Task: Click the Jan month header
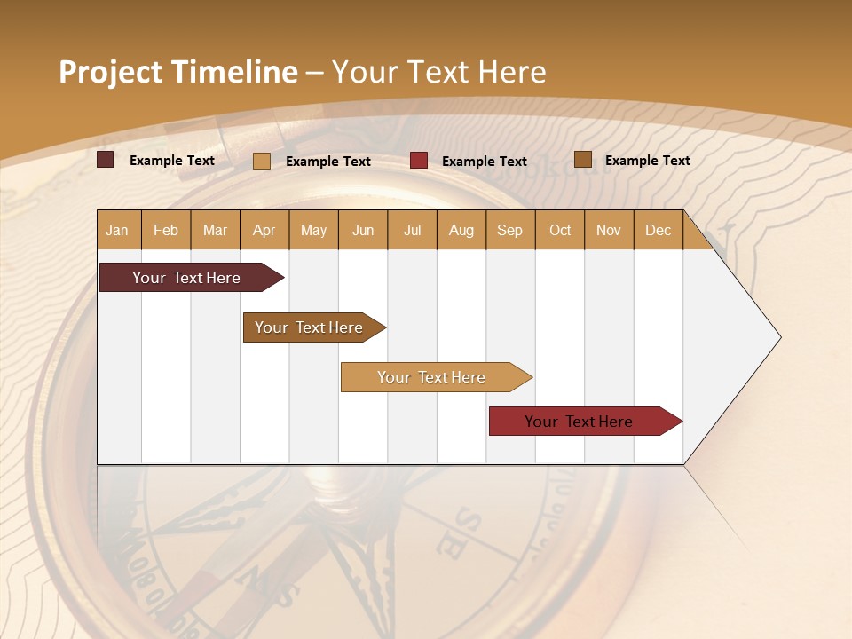click(117, 230)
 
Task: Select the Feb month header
click(166, 230)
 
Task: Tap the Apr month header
click(264, 230)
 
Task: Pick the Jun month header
click(363, 230)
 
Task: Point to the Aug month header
click(461, 230)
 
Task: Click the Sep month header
click(509, 230)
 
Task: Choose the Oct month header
click(560, 230)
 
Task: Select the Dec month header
click(658, 230)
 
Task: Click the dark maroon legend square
click(105, 160)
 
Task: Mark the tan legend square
click(262, 161)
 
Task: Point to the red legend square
click(419, 161)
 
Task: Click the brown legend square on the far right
click(583, 160)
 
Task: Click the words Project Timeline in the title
click(177, 72)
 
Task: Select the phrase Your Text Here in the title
click(438, 72)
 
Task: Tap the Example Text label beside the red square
click(484, 162)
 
